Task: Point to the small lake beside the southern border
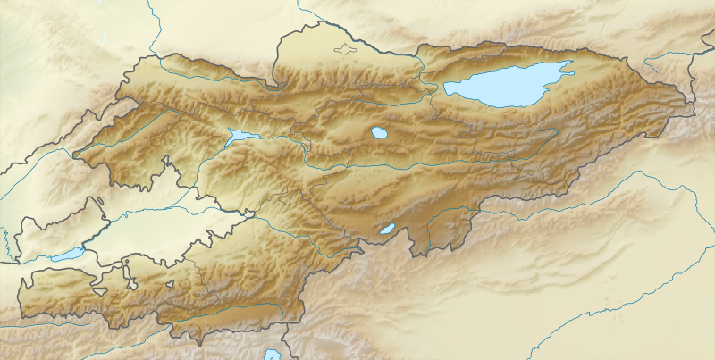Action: point(386,230)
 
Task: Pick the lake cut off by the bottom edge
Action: point(271,354)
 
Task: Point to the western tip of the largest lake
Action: point(446,88)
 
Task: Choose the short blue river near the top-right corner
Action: point(666,61)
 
